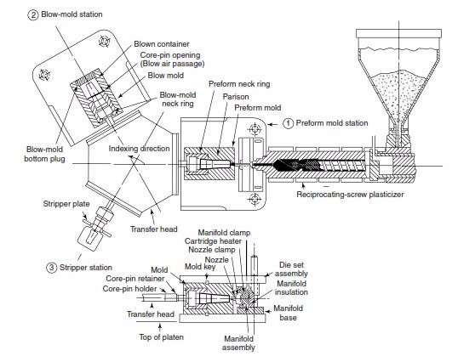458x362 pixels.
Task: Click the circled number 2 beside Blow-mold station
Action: [33, 14]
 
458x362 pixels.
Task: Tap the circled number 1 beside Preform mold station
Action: [289, 123]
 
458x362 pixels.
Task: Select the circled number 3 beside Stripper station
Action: [51, 268]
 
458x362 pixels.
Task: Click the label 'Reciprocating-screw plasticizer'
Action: [350, 195]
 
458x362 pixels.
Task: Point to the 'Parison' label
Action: [236, 97]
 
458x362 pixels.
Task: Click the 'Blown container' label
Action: [162, 44]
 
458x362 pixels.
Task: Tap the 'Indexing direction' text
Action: [139, 149]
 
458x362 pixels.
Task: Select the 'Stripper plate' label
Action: [66, 204]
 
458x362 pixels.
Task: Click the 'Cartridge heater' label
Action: [213, 241]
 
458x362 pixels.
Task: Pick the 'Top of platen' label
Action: [161, 337]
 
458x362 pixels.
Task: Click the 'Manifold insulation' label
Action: [291, 288]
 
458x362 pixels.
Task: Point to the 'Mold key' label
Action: [200, 267]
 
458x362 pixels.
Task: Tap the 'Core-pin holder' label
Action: [129, 289]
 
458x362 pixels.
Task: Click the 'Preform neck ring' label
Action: [239, 84]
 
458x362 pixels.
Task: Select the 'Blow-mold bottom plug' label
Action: [44, 154]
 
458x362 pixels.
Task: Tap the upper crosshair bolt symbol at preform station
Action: [255, 128]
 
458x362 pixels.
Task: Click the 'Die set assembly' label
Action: [291, 269]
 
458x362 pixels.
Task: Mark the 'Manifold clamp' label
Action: [224, 233]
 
